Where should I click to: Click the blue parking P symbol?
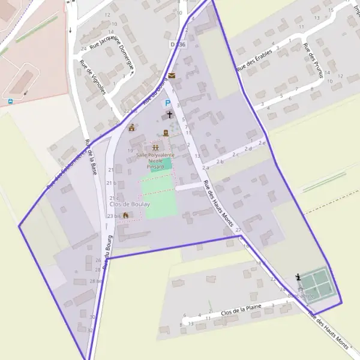coord(169,103)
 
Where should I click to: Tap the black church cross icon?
coord(169,114)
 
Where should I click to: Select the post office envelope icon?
coord(172,76)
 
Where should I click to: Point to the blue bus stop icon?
coord(10,100)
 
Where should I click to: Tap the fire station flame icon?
coord(125,215)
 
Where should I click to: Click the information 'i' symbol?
coord(299,277)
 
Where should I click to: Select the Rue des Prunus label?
coord(313,61)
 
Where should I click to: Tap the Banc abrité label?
coord(301,296)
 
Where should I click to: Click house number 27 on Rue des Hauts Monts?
coord(238,230)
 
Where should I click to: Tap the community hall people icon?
coord(155,147)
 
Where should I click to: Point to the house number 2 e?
coord(262,142)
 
